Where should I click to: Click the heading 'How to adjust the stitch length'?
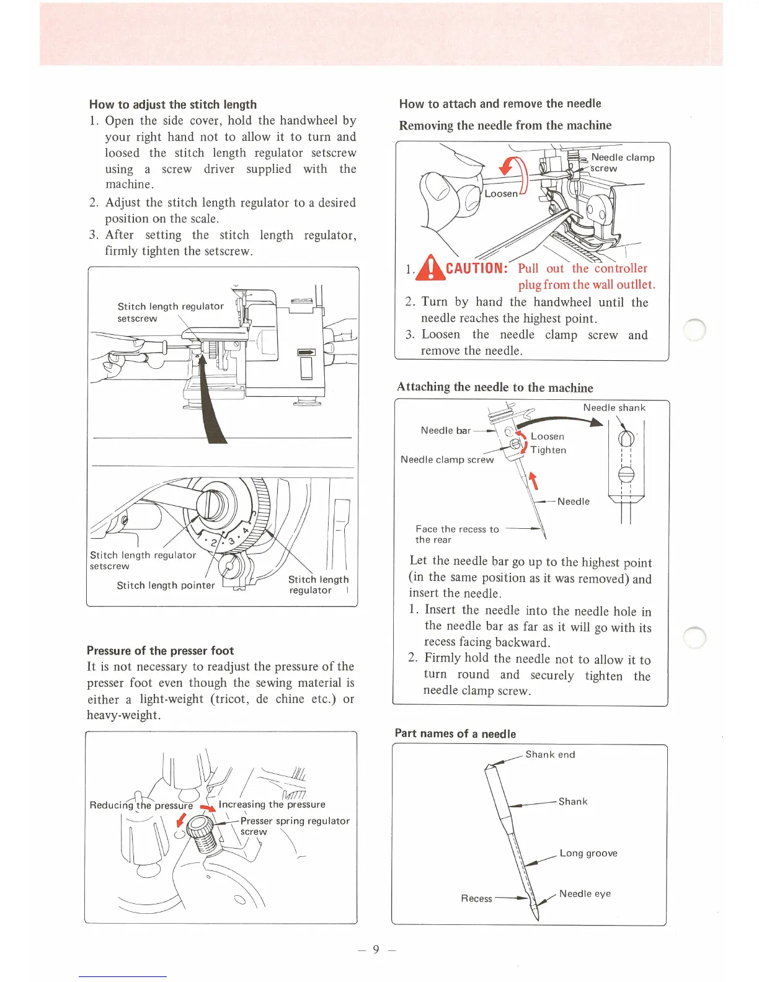[172, 104]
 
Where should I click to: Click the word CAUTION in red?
[477, 268]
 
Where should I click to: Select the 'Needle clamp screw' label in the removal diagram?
[622, 162]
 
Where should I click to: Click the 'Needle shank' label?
[614, 407]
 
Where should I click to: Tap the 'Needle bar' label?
[445, 430]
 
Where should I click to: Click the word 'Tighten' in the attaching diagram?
[548, 450]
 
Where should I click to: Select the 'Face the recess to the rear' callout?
[456, 534]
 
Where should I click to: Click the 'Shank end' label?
[550, 754]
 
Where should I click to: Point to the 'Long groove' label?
[588, 853]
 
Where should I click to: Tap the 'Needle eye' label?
[585, 893]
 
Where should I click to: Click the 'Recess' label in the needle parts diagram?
[476, 898]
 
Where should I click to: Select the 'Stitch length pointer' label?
[166, 585]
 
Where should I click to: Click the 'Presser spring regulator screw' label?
[295, 826]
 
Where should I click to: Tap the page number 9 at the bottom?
[376, 949]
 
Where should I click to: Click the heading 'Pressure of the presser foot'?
[160, 650]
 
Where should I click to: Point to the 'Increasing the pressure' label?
[272, 805]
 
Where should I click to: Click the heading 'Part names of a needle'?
[455, 733]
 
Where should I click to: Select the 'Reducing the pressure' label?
[141, 805]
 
